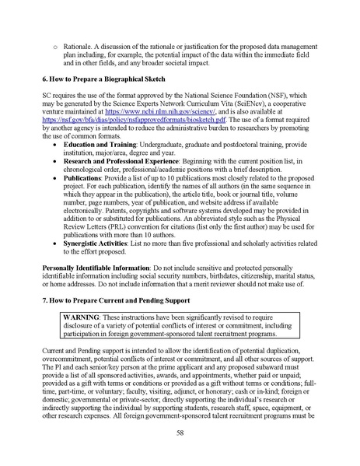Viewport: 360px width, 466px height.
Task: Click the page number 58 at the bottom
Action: [180, 433]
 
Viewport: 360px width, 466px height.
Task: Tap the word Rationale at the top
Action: [80, 49]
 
